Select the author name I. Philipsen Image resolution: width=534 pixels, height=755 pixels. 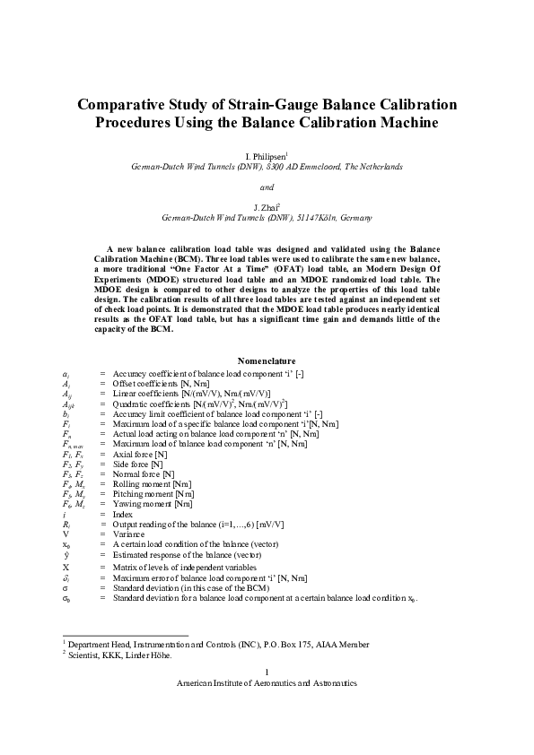(266, 155)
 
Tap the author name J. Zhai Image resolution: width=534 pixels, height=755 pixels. (266, 207)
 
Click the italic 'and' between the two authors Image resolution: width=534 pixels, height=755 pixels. (267, 187)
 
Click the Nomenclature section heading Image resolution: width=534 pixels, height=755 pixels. (267, 360)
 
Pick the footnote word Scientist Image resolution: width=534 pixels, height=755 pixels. (86, 655)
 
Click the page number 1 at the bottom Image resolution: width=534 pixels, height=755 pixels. (267, 672)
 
